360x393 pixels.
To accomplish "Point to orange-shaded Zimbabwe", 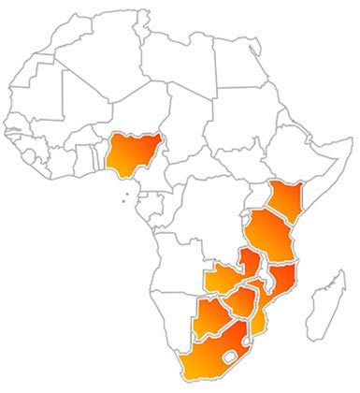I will click(242, 300).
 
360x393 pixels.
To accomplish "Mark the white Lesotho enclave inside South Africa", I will click(230, 358).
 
